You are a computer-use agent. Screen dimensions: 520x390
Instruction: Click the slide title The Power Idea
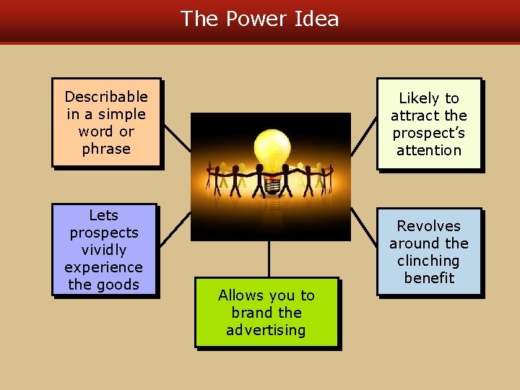(x=259, y=19)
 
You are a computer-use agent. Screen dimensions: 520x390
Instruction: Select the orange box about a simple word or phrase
(x=106, y=123)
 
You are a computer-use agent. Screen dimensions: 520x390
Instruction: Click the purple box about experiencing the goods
(x=104, y=250)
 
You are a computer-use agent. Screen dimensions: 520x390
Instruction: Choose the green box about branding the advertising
(x=266, y=313)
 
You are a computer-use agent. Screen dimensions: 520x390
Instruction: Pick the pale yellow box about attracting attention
(x=429, y=124)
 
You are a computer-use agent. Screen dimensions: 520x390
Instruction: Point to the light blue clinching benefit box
(x=429, y=252)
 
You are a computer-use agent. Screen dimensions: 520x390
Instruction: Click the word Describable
(x=106, y=97)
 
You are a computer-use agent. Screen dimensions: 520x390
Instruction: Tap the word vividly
(x=104, y=250)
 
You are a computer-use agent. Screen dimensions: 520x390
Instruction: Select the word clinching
(x=429, y=261)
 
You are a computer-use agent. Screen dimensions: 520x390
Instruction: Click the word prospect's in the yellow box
(x=429, y=133)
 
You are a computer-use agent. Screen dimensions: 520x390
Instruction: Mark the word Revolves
(x=429, y=226)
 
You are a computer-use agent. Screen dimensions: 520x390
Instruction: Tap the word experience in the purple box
(x=104, y=267)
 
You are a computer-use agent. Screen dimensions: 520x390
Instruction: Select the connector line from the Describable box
(x=176, y=137)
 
